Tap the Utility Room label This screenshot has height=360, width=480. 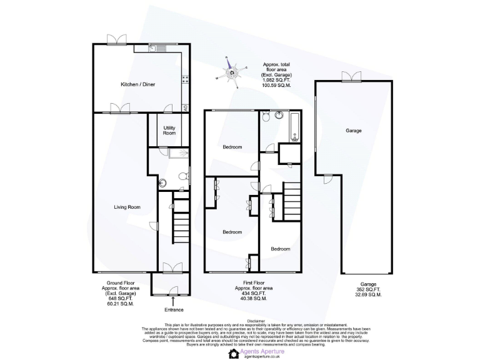pos(169,130)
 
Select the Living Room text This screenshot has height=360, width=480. pos(126,207)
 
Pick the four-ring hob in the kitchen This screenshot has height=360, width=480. pos(186,79)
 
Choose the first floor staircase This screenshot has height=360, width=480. pos(292,201)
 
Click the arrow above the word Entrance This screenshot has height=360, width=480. pos(173,301)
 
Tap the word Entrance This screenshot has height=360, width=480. pos(174,310)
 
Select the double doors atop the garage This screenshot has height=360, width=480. pos(351,77)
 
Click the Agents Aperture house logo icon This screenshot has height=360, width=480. pos(234,353)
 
